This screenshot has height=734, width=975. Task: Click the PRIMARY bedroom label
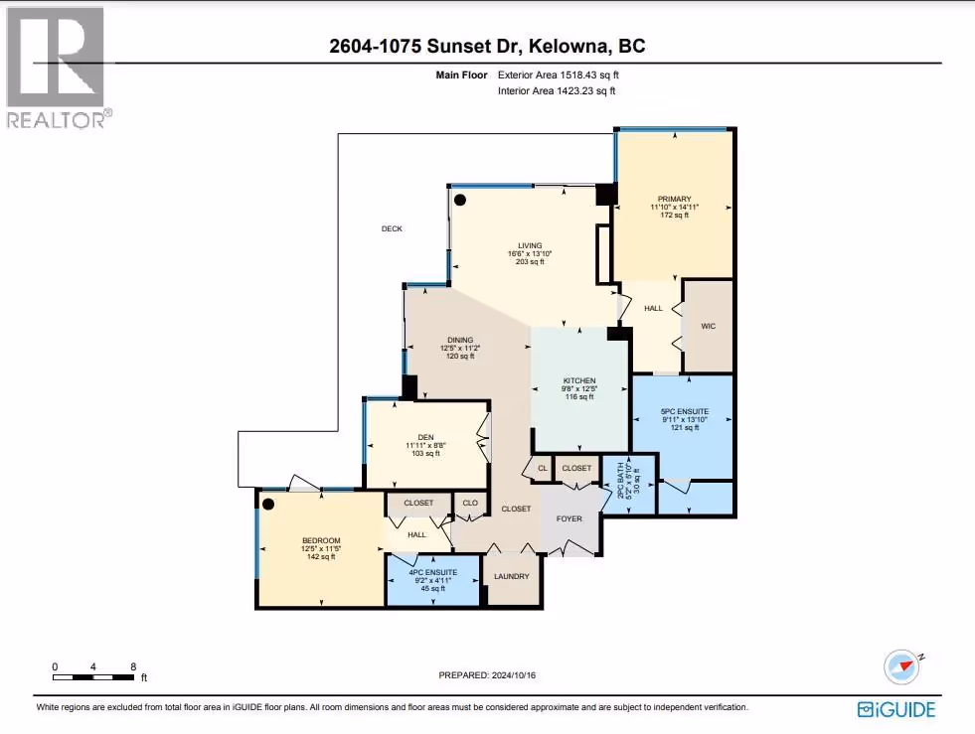coord(674,199)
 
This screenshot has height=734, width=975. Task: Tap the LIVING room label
coord(530,245)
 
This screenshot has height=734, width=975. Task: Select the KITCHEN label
coord(579,380)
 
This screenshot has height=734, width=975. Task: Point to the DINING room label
coord(460,340)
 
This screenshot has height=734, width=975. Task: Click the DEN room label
coord(426,438)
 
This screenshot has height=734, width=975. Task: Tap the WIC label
coord(709,326)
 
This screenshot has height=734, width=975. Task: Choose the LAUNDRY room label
coord(512,576)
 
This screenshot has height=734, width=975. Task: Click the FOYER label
coord(569,518)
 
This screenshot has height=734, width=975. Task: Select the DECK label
coord(392,228)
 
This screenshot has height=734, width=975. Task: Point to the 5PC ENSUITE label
coord(685,411)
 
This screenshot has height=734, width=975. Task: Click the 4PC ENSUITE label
coord(432,572)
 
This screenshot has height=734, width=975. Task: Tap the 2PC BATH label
coord(620,480)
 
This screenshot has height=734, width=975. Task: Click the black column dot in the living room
coord(460,200)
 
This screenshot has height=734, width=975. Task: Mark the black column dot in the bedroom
coord(268,504)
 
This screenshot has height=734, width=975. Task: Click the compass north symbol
coord(902,666)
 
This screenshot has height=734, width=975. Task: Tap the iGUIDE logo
coord(896,710)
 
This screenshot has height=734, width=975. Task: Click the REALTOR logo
coord(59,68)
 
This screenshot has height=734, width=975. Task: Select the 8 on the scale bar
coord(133,666)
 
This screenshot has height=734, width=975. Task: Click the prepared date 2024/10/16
coord(514,675)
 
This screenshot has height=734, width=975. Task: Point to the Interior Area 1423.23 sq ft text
coord(557,90)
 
